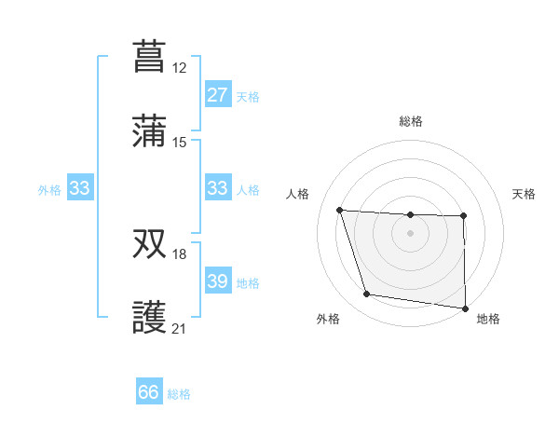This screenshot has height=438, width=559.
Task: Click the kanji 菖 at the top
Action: [x=149, y=55]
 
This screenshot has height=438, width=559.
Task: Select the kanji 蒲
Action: [x=149, y=131]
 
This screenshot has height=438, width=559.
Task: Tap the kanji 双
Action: [x=149, y=243]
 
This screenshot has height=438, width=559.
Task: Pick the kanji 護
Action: [x=149, y=318]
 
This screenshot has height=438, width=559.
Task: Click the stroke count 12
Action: [x=179, y=67]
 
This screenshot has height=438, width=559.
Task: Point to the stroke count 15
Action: [x=179, y=143]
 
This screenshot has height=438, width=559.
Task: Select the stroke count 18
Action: [x=179, y=254]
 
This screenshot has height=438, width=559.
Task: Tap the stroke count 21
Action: [x=179, y=329]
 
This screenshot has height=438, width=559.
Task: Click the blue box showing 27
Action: [x=217, y=95]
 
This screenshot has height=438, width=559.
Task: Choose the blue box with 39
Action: [x=217, y=281]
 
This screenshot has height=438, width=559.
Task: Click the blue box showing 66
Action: [x=149, y=392]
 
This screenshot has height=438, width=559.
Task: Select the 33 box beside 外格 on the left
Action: [x=80, y=188]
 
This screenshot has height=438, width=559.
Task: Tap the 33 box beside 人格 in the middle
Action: [x=217, y=188]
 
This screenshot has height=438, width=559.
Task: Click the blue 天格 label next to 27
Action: [x=248, y=96]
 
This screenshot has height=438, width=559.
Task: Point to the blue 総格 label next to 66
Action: [x=179, y=394]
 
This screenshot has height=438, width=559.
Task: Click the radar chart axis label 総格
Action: [x=410, y=121]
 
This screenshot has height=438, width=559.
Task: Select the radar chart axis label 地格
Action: [x=488, y=320]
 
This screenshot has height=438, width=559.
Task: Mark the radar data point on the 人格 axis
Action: [x=340, y=210]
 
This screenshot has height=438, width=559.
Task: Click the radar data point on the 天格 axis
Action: [x=463, y=216]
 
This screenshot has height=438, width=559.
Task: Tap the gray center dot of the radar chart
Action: [x=410, y=233]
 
